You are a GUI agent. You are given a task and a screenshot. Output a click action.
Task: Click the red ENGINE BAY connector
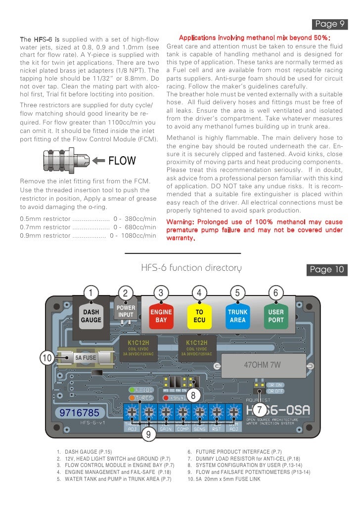pyautogui.click(x=161, y=316)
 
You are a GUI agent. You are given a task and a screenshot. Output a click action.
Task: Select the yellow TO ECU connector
pyautogui.click(x=199, y=316)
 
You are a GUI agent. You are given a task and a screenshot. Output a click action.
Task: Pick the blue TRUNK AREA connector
pyautogui.click(x=237, y=316)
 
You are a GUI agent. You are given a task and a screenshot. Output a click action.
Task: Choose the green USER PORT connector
pyautogui.click(x=276, y=316)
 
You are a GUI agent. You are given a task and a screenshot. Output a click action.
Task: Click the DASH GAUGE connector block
pyautogui.click(x=91, y=316)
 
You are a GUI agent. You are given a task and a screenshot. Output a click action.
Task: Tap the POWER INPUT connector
pyautogui.click(x=126, y=311)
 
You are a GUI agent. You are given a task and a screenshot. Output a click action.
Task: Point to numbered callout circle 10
pyautogui.click(x=47, y=358)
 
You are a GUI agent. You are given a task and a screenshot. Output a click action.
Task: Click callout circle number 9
pyautogui.click(x=147, y=434)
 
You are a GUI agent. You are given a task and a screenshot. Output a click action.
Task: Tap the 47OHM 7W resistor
pyautogui.click(x=263, y=366)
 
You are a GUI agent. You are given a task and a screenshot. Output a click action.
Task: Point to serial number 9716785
pyautogui.click(x=79, y=412)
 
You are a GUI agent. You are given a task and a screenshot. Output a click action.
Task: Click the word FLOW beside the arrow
pyautogui.click(x=122, y=161)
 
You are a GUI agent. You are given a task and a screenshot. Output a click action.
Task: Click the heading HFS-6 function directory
pyautogui.click(x=191, y=268)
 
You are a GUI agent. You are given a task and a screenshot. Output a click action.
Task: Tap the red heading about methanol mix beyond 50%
pyautogui.click(x=254, y=38)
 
